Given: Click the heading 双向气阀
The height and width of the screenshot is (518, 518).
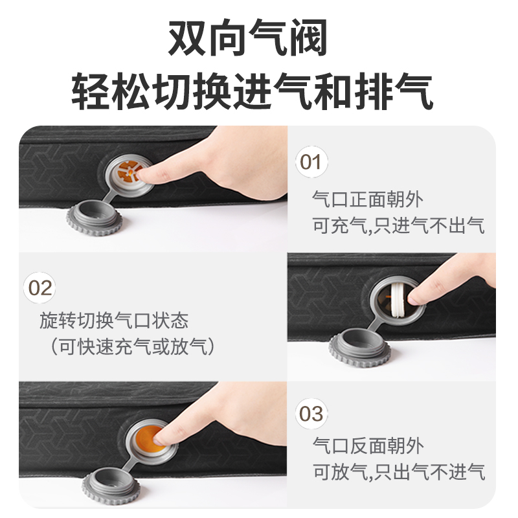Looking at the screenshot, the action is (x=248, y=38).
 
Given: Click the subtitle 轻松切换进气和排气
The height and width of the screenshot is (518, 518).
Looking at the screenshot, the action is (x=252, y=91).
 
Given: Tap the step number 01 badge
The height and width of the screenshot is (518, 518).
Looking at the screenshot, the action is (x=311, y=162).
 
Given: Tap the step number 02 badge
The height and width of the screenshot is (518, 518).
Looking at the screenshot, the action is (x=39, y=287).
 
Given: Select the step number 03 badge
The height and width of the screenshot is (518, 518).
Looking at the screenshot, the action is (x=311, y=414).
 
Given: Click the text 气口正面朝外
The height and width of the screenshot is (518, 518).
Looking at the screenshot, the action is (x=368, y=199).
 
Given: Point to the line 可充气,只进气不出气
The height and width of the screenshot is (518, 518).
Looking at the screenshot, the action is (x=398, y=225).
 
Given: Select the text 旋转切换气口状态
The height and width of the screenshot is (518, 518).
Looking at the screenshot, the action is (x=114, y=321).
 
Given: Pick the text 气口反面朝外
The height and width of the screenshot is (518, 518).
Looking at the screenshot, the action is (x=368, y=445).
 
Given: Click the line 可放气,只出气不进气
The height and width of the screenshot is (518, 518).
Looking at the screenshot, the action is (x=399, y=472).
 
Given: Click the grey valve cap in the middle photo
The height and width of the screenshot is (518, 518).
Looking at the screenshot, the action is (x=360, y=348).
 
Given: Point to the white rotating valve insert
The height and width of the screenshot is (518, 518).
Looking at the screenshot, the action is (x=399, y=300).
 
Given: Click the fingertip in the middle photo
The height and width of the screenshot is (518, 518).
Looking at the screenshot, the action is (x=415, y=297).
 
